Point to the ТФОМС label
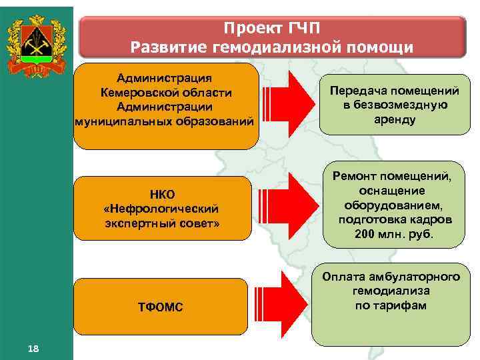click(x=160, y=307)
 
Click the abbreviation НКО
click(x=162, y=195)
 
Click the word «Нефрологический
click(x=162, y=208)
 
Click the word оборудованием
click(x=391, y=205)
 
